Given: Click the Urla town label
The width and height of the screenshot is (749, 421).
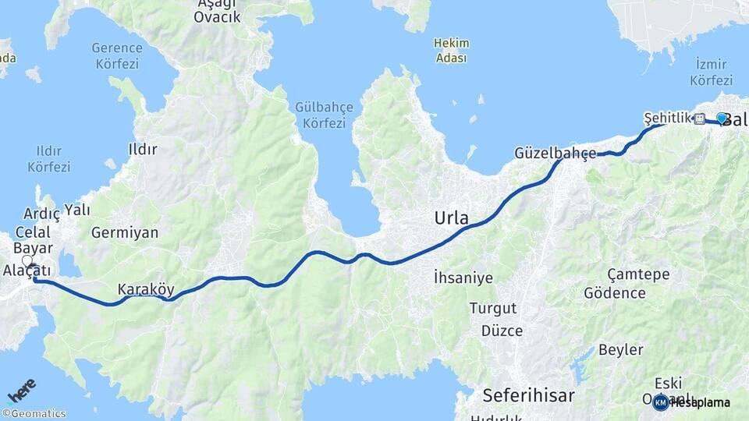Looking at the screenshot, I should (x=452, y=219).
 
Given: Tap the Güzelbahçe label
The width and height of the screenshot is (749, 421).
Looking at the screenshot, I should (x=555, y=154).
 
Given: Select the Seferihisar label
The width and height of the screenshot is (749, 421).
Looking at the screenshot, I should (x=528, y=394).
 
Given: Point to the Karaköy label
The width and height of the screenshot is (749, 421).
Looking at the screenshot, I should (x=146, y=289).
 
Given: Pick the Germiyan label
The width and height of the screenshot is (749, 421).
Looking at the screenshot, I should (x=125, y=232).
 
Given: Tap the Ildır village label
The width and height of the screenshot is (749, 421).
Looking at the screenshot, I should (x=143, y=148).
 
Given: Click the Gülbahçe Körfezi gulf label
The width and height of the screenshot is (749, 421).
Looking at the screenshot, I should (x=325, y=115).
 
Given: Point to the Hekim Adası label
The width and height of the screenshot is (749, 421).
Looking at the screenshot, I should (x=451, y=51).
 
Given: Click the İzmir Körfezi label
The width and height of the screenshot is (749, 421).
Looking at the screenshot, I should (x=711, y=72).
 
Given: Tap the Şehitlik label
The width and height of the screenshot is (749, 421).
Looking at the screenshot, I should (x=668, y=118).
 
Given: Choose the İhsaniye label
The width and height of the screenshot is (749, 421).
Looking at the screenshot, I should (x=463, y=277).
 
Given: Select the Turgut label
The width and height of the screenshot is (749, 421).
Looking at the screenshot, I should (x=493, y=308).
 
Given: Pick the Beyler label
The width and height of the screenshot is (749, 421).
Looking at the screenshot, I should (x=621, y=349).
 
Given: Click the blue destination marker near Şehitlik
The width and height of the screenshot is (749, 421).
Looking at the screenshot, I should (x=722, y=118).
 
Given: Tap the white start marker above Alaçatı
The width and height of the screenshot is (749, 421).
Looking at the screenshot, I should (x=27, y=262).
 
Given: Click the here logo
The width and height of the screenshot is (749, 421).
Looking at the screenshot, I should (x=22, y=390).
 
